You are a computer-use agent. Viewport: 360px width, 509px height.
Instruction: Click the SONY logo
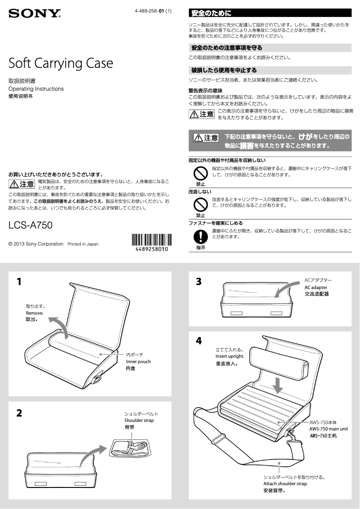pyautogui.click(x=35, y=14)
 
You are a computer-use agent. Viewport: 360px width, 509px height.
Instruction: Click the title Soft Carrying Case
pyautogui.click(x=61, y=63)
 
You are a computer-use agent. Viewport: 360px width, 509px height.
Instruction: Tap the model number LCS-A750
pyautogui.click(x=31, y=225)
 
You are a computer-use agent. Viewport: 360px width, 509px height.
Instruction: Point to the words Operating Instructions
pyautogui.click(x=36, y=89)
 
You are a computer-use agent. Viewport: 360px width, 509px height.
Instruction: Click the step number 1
pyautogui.click(x=19, y=282)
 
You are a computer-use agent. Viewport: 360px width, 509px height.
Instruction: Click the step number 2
pyautogui.click(x=19, y=413)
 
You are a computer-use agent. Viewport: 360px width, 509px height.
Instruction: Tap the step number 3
pyautogui.click(x=199, y=282)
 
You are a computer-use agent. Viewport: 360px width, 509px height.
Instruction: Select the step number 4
pyautogui.click(x=199, y=341)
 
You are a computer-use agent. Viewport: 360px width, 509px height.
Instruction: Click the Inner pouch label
pyautogui.click(x=138, y=361)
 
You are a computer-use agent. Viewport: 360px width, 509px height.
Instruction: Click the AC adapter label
pyautogui.click(x=316, y=287)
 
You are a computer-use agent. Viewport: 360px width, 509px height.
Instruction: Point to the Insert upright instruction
pyautogui.click(x=229, y=357)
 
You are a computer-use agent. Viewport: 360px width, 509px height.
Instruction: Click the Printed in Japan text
pyautogui.click(x=83, y=244)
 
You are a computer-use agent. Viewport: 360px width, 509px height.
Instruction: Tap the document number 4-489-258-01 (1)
pyautogui.click(x=153, y=11)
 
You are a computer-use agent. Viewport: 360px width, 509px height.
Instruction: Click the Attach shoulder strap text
pyautogui.click(x=285, y=484)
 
